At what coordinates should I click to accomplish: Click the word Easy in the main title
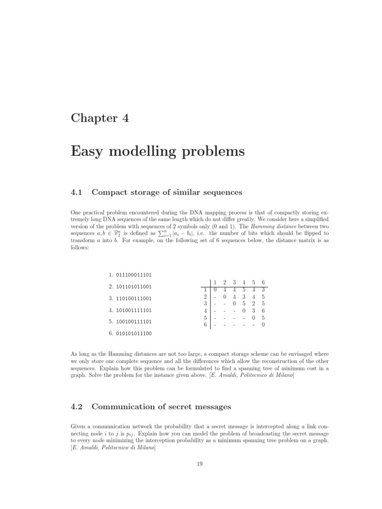coord(92,151)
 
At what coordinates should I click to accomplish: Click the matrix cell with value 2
coord(254,304)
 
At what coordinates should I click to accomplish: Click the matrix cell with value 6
coord(263,311)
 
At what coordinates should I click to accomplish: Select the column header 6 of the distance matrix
coord(263,282)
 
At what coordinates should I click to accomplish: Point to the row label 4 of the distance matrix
coord(205,311)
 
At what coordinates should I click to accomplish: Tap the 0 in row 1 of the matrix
coord(215,290)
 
